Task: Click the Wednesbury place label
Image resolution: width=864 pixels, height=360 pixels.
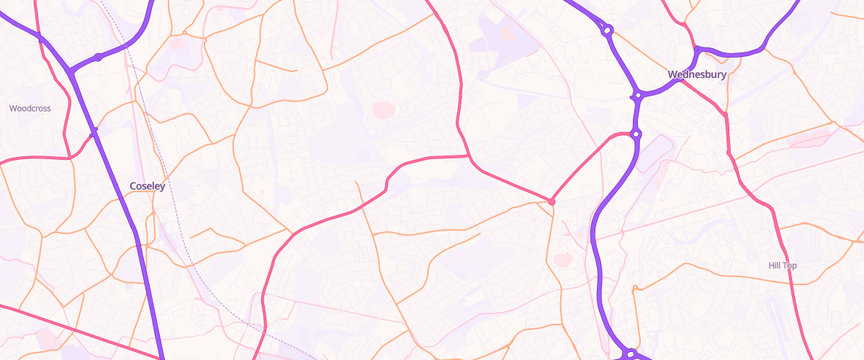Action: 696,74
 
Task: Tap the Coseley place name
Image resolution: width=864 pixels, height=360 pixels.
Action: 147,186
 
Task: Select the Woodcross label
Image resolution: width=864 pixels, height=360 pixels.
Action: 30,109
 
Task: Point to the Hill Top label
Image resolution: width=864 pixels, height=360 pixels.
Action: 783,266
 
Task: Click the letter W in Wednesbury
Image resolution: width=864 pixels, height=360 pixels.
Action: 672,74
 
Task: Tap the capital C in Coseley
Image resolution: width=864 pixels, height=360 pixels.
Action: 133,186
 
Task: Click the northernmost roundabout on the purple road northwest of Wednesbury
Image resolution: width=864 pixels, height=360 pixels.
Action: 608,30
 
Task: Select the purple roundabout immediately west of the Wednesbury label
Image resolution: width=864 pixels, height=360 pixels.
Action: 637,94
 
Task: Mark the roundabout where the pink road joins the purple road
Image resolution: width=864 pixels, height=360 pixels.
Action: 635,133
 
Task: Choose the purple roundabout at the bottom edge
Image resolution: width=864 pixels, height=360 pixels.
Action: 630,353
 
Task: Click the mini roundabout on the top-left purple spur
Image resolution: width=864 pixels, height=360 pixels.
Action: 98,57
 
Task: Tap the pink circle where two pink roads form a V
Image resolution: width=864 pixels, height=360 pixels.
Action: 552,202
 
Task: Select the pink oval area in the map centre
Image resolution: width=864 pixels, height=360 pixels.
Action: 383,110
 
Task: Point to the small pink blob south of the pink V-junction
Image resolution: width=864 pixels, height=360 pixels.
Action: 562,259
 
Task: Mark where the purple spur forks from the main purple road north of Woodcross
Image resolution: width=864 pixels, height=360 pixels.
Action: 70,71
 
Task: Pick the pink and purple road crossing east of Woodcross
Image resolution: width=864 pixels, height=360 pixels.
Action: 93,133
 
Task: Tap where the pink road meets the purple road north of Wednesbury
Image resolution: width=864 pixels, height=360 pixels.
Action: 697,49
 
